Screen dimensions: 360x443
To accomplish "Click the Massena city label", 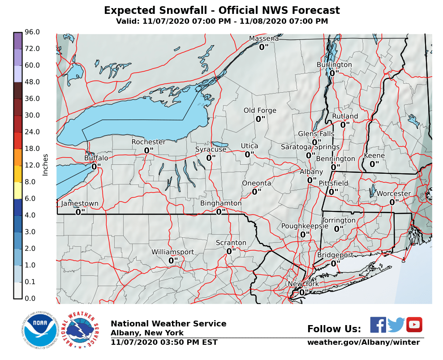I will click(263, 39).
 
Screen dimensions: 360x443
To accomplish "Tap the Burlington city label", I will click(334, 64).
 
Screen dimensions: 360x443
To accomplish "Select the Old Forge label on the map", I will click(260, 111).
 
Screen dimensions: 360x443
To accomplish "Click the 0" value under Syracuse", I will click(211, 158).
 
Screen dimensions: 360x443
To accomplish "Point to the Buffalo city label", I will click(96, 158).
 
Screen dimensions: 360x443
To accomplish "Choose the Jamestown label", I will click(79, 203).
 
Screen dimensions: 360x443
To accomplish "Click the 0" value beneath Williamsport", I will click(173, 260).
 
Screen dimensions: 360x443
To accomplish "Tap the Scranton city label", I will click(231, 243).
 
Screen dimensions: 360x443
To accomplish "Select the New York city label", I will click(303, 284).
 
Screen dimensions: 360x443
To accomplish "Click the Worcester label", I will click(393, 193).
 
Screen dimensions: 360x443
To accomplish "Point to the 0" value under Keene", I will click(374, 164).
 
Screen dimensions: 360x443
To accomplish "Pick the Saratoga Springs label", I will click(310, 147).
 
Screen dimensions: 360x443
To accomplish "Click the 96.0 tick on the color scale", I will click(32, 32).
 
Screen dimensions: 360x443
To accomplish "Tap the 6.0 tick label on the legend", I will click(32, 198).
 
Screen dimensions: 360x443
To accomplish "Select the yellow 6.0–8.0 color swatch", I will click(17, 190).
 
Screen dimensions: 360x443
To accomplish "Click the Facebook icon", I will click(378, 325).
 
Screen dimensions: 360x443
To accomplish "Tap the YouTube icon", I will click(414, 325).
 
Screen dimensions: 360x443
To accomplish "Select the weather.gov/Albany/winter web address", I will click(363, 343).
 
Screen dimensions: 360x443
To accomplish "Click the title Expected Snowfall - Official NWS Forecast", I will click(222, 10).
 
